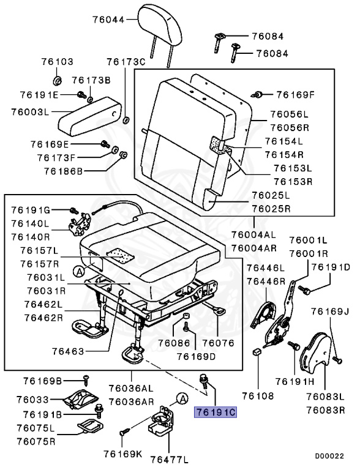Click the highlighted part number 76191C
(216, 412)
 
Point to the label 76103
(58, 62)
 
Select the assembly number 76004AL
(253, 234)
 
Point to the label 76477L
(170, 459)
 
